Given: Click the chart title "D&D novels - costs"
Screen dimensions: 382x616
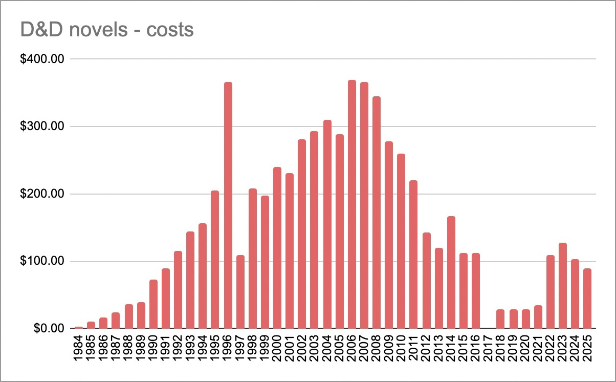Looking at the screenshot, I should pos(107,30).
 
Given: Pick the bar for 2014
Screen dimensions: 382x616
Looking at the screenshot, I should pos(451,272).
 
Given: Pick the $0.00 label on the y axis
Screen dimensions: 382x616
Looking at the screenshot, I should pos(46,328).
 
